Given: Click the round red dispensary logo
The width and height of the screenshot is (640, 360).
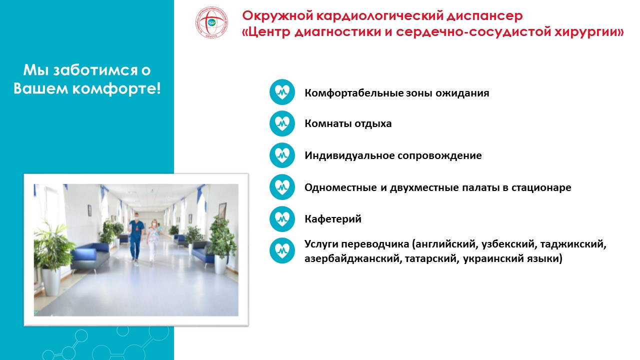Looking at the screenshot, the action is point(211,22).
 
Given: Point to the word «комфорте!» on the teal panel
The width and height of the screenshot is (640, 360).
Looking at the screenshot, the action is point(116,88).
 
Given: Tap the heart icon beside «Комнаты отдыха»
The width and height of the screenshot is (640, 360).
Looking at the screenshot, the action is point(282,123).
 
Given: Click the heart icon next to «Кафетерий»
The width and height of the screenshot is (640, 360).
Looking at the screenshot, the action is point(282,219).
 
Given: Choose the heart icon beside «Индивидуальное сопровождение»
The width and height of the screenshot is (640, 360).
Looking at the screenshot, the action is point(282,155).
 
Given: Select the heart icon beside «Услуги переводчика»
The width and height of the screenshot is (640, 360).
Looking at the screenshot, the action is point(282,250).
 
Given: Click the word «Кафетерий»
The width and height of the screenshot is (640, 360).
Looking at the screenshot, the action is point(333,219).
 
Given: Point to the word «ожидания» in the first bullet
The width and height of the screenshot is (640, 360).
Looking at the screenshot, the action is point(462,93).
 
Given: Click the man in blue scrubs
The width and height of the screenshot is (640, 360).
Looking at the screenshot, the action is point(135,237).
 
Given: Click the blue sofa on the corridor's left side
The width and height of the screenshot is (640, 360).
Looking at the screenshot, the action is point(90,256).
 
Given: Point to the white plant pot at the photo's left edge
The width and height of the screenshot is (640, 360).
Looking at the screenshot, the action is point(51,281).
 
